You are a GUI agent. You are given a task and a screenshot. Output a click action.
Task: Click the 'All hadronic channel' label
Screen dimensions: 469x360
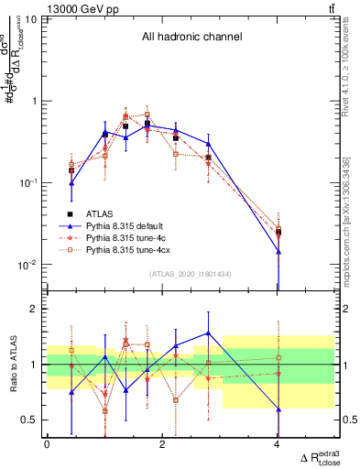click(191, 38)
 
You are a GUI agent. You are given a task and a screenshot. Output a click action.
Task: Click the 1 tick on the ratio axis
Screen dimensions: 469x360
click(34, 365)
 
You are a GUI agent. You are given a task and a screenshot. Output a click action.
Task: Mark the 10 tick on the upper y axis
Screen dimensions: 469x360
click(30, 18)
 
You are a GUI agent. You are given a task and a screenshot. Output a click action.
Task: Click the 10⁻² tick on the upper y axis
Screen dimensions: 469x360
click(27, 265)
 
